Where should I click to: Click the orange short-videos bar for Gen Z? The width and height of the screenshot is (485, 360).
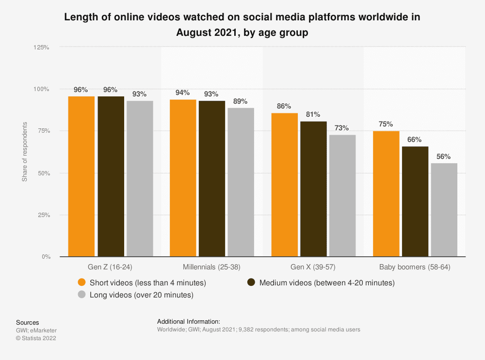[x=81, y=176]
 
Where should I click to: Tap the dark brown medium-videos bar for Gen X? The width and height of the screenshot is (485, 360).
[x=313, y=189]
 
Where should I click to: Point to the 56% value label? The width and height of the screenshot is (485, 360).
[x=444, y=157]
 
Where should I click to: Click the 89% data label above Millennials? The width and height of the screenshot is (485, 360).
[x=241, y=101]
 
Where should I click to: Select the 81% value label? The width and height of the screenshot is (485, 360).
[x=313, y=114]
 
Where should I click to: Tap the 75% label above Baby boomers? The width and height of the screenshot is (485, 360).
[x=386, y=124]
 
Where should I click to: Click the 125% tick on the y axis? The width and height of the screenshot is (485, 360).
[x=41, y=47]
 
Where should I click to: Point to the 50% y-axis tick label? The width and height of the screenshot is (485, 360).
[x=43, y=173]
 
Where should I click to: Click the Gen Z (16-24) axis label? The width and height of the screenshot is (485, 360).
[x=111, y=267]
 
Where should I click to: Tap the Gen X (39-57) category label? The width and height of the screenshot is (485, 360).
[x=313, y=267]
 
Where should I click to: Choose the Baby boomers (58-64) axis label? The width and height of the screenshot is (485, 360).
[x=415, y=267]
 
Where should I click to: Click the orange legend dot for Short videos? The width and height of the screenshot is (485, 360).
[x=82, y=282]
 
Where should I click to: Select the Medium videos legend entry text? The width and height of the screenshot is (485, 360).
[x=327, y=282]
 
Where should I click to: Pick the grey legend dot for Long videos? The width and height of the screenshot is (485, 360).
[x=82, y=295]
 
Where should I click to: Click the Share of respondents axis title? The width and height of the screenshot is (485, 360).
[x=24, y=152]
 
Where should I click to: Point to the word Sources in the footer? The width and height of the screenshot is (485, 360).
[x=28, y=322]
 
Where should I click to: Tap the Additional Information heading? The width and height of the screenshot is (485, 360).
[x=189, y=321]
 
